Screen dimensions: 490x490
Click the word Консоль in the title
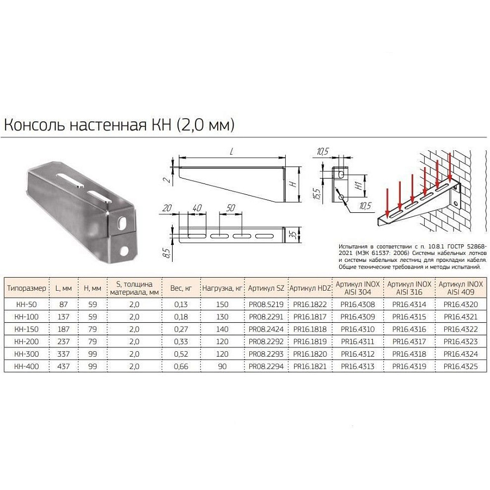34,125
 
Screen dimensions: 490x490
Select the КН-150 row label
27,329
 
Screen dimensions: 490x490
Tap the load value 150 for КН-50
222,304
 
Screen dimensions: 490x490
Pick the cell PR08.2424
266,329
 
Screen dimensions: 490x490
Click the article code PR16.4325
461,366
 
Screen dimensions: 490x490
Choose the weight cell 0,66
181,366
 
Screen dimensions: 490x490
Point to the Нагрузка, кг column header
222,288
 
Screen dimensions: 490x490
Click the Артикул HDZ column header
310,288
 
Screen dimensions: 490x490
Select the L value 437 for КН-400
64,366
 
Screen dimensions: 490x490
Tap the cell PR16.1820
310,354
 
